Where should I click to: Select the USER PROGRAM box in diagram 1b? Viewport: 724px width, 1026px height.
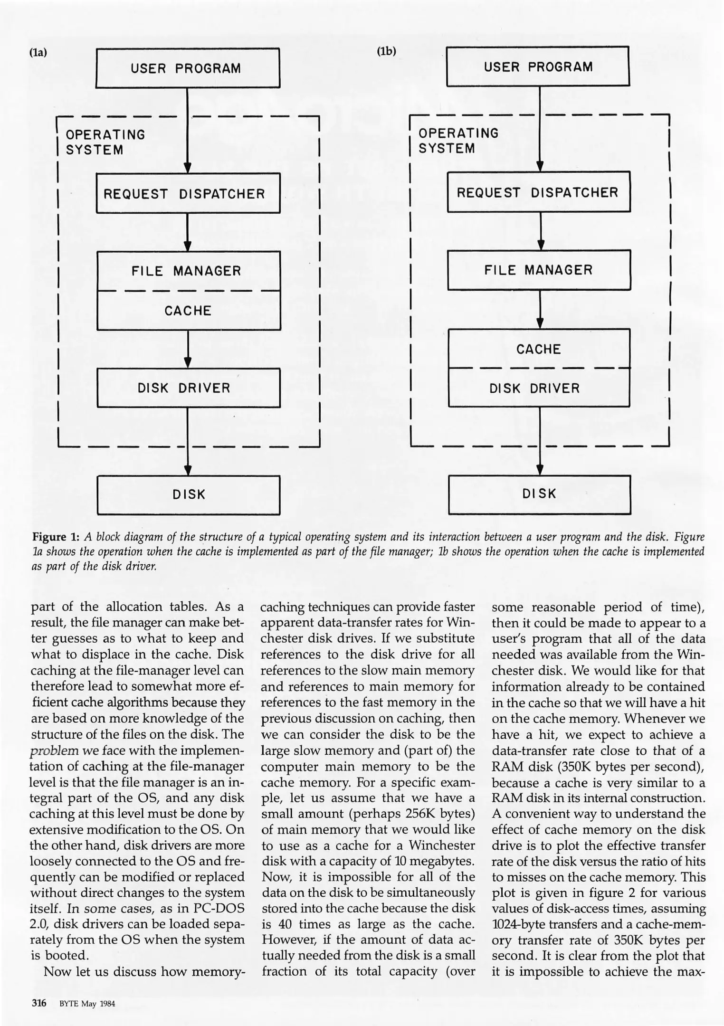click(538, 66)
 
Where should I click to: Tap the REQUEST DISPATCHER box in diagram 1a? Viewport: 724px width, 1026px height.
click(188, 193)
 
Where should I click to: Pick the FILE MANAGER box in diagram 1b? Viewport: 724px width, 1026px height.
click(539, 270)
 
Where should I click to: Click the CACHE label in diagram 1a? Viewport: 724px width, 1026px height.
click(188, 311)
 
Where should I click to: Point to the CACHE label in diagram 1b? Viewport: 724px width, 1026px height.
click(539, 349)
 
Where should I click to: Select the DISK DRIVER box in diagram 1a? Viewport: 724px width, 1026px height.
click(188, 388)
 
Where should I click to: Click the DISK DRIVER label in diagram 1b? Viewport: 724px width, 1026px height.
click(534, 389)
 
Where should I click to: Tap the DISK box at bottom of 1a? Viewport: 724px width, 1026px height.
click(188, 495)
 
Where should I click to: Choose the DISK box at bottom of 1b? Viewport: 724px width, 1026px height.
click(539, 494)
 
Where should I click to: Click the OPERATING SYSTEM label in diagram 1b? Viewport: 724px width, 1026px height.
click(458, 141)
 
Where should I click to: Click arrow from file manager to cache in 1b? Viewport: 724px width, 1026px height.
click(540, 309)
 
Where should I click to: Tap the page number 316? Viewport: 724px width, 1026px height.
click(38, 1003)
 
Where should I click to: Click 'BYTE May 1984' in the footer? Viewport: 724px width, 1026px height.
click(87, 1004)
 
